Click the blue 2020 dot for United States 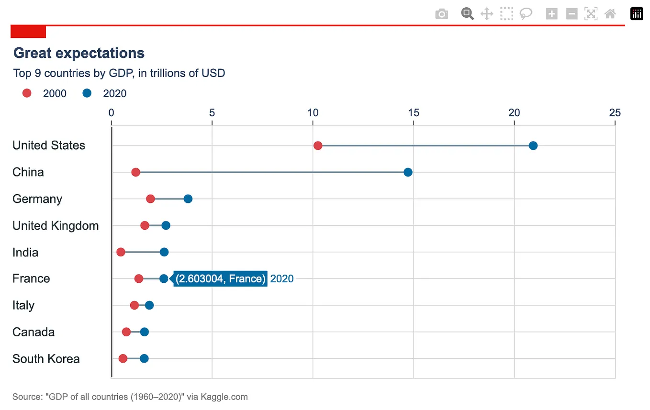[533, 145]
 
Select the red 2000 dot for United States [317, 145]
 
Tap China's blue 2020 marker [408, 172]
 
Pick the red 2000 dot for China [135, 172]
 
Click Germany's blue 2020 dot [188, 199]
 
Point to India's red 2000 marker [121, 252]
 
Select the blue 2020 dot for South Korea [144, 358]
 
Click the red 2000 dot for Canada [126, 332]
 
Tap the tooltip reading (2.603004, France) [220, 278]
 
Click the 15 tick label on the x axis [413, 113]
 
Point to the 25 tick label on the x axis [615, 113]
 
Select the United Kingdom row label [56, 225]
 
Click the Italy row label [23, 305]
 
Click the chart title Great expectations [79, 53]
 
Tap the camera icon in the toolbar [441, 14]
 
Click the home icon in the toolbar [610, 14]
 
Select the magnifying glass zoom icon [467, 14]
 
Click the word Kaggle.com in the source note [224, 397]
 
